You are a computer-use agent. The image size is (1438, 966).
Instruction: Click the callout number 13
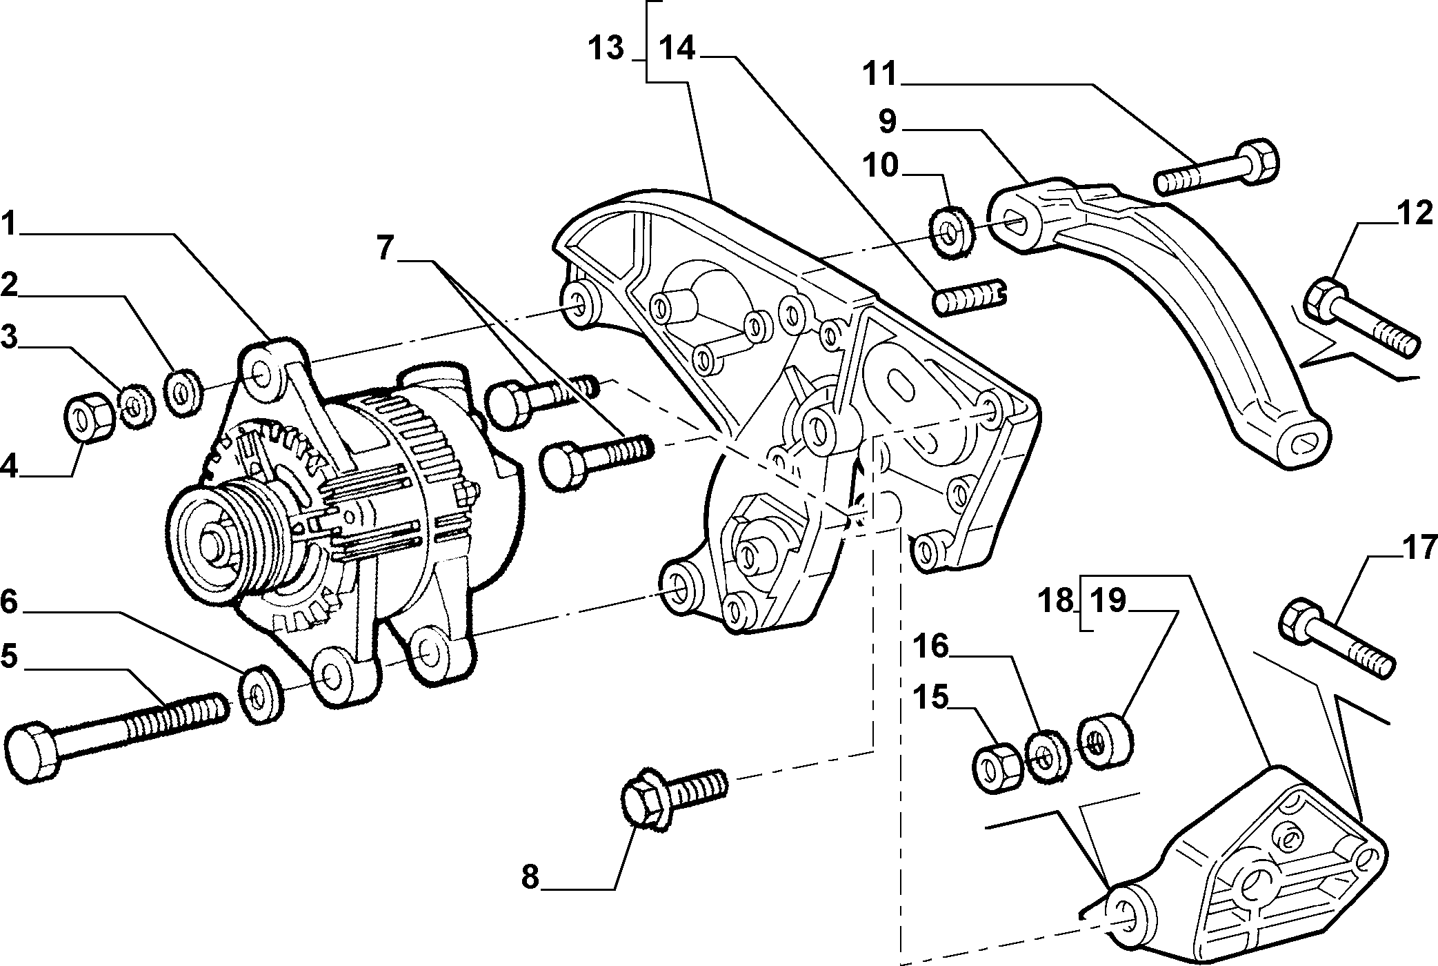click(x=606, y=49)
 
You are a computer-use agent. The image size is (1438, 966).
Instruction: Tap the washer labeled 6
click(x=261, y=695)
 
